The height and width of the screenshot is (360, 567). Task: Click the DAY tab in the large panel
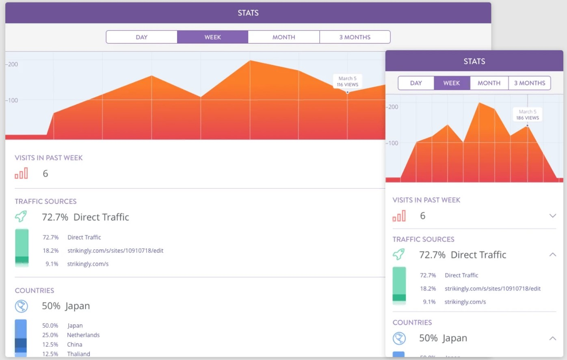pos(141,37)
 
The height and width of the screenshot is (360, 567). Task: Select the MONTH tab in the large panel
pos(283,37)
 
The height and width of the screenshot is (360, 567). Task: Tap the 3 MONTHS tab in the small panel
pos(529,83)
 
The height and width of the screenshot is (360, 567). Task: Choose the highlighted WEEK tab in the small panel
pos(451,83)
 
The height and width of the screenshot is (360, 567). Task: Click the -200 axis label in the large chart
pos(12,64)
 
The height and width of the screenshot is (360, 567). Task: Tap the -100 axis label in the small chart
pos(392,143)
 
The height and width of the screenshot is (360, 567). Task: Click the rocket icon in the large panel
pos(21,217)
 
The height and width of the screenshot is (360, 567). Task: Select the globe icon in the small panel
pos(399,338)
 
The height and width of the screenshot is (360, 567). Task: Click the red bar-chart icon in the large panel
pos(21,174)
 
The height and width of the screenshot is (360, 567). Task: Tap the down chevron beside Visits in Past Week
pos(552,216)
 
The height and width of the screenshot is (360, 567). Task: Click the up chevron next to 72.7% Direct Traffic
pos(552,254)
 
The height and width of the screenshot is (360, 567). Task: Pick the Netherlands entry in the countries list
pos(83,335)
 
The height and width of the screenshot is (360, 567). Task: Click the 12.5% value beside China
pos(50,344)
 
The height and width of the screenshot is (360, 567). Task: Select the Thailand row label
pos(78,354)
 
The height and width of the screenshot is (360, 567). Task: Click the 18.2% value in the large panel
pos(51,250)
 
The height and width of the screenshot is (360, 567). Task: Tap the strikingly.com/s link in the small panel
pos(465,302)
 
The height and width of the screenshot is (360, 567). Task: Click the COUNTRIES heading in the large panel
pos(35,290)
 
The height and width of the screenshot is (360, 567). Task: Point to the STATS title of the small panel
pos(474,61)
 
